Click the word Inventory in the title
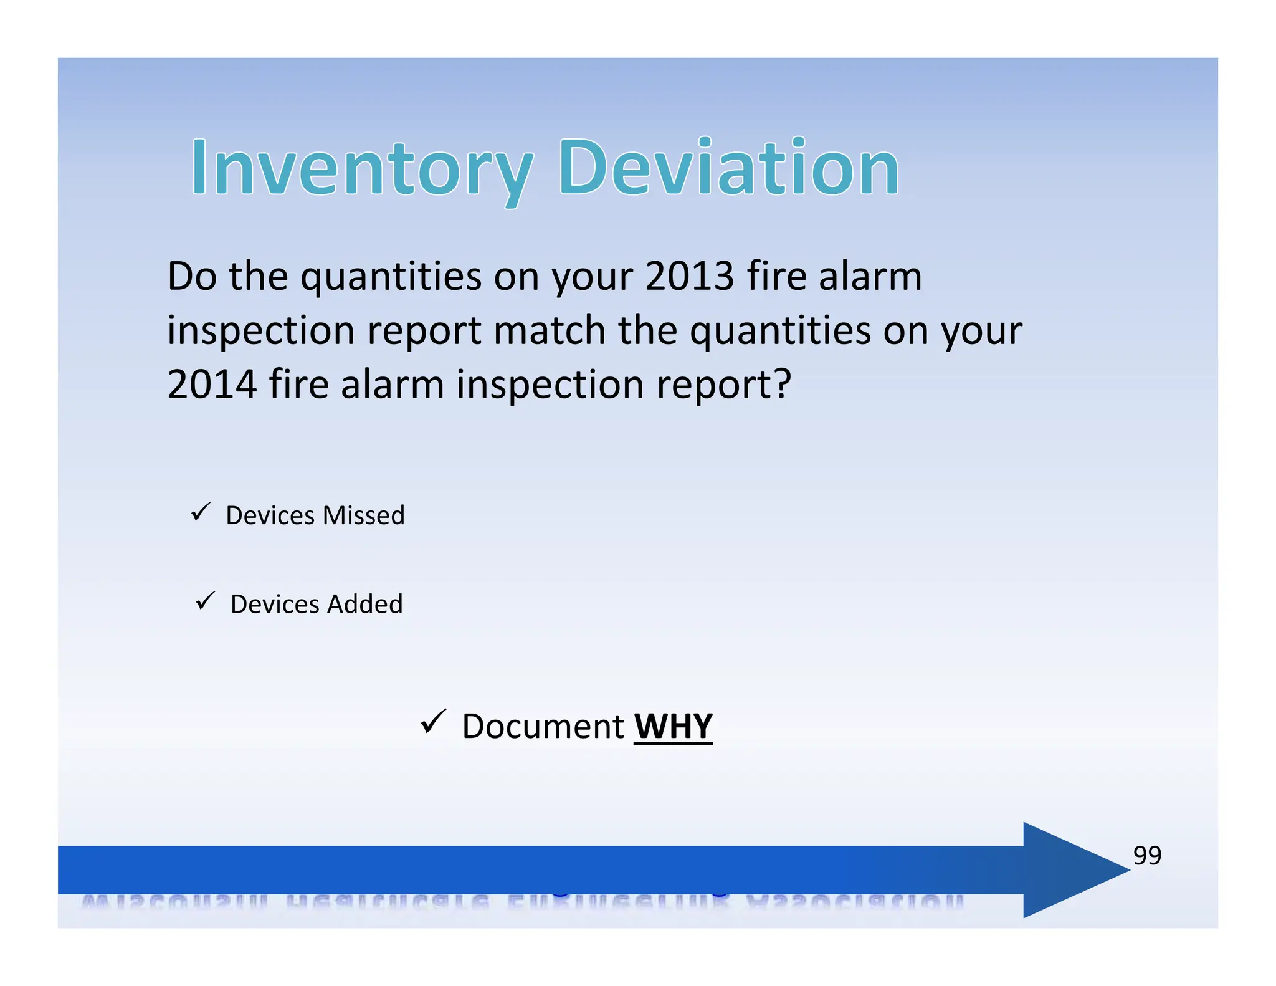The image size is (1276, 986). click(x=361, y=168)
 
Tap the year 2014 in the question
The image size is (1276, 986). click(x=212, y=384)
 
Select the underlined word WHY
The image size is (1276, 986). click(x=673, y=726)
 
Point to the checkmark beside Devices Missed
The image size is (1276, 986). click(x=201, y=512)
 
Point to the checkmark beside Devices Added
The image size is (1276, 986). click(x=205, y=601)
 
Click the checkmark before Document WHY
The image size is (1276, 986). click(x=433, y=722)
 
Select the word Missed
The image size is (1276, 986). click(x=363, y=515)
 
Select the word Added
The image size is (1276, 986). click(x=365, y=605)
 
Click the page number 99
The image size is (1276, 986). click(x=1146, y=855)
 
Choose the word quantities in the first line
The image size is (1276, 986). click(x=391, y=277)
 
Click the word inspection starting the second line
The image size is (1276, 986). click(x=260, y=332)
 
